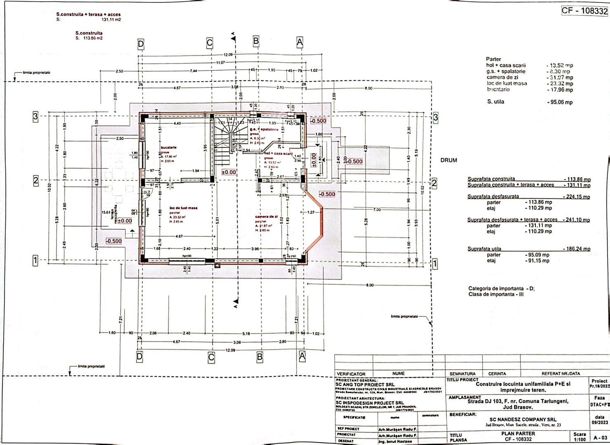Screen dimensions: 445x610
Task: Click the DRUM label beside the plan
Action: [448, 160]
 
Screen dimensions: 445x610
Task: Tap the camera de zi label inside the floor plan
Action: [266, 216]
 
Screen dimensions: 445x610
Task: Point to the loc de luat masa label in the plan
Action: [183, 208]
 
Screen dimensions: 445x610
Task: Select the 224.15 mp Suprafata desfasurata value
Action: [576, 197]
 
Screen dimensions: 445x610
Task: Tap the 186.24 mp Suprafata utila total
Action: [576, 249]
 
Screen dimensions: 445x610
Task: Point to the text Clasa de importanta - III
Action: [496, 295]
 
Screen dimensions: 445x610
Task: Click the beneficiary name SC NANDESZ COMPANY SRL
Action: [523, 419]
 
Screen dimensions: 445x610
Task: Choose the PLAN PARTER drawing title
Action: [518, 433]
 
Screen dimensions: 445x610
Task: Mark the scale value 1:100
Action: [579, 440]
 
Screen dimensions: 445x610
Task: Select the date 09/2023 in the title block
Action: [599, 422]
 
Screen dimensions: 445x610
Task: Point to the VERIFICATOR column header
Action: [351, 374]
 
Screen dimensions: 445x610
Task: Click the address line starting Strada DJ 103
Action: [518, 401]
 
